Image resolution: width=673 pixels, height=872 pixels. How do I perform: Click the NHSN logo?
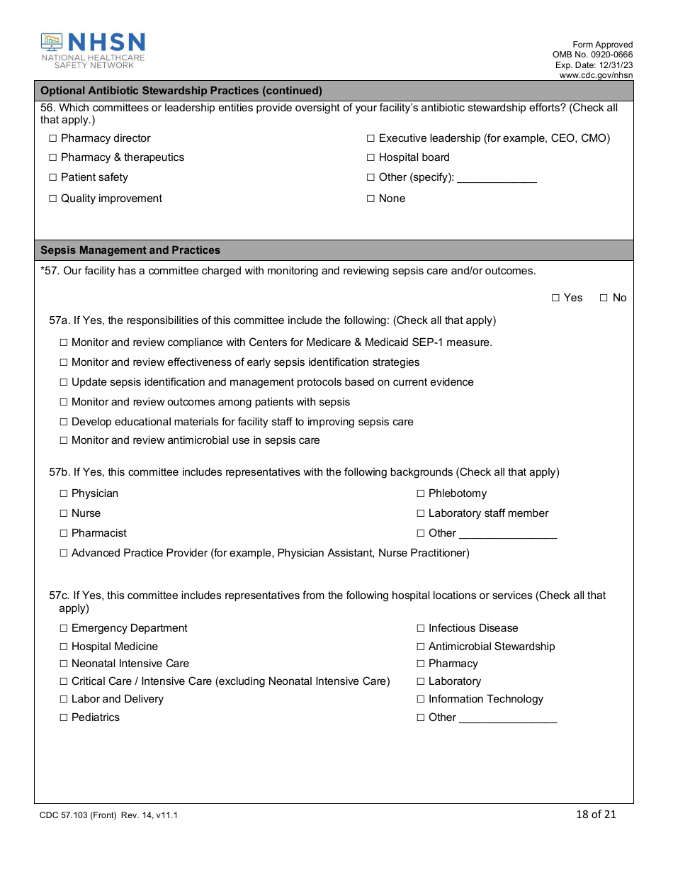93,50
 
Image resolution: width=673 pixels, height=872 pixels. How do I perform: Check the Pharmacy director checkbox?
52,138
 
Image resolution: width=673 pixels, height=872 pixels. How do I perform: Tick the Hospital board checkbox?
371,157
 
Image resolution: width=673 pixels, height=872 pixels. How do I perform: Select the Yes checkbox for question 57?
555,298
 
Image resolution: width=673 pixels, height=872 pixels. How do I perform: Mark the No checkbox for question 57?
604,298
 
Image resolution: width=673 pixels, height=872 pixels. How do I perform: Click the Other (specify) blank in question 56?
497,178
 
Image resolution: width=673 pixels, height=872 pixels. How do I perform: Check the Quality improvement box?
52,199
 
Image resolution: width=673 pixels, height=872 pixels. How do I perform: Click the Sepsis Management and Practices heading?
130,250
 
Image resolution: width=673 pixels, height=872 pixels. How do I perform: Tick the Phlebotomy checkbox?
420,493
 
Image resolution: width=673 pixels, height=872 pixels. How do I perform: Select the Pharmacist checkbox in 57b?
63,533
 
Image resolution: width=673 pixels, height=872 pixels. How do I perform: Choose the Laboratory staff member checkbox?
420,513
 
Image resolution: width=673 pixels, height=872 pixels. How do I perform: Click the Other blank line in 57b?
508,534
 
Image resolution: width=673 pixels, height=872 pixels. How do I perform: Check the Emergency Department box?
63,628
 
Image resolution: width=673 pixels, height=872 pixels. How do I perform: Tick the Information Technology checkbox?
420,699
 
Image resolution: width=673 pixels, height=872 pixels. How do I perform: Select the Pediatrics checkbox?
63,717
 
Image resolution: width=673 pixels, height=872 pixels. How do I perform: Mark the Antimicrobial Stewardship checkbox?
420,647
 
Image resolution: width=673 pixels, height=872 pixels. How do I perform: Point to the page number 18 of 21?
596,814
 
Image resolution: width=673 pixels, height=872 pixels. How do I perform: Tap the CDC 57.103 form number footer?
108,815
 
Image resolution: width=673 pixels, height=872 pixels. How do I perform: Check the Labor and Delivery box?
63,699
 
